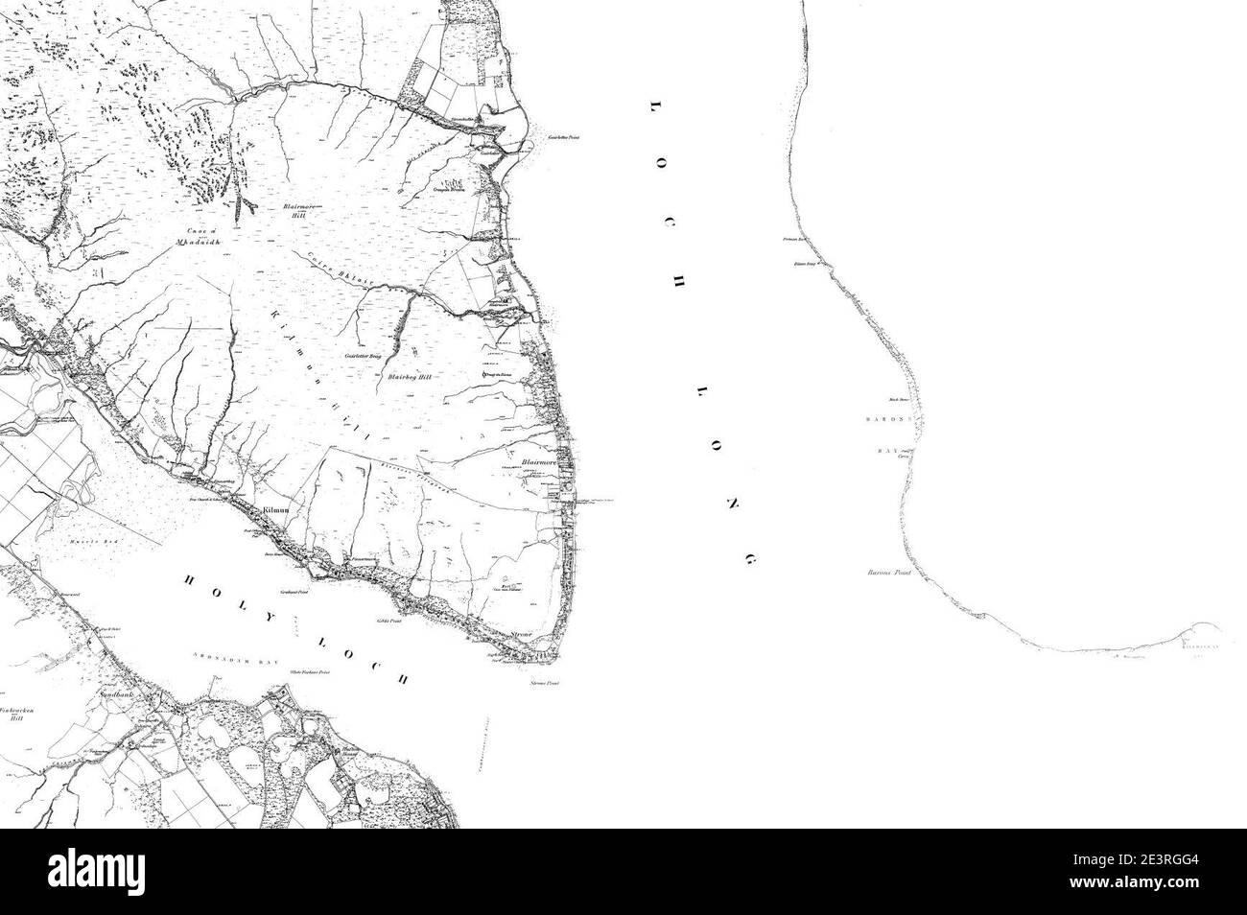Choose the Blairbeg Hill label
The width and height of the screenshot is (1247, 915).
coord(411,378)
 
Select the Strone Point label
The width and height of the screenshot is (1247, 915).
coord(545,684)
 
